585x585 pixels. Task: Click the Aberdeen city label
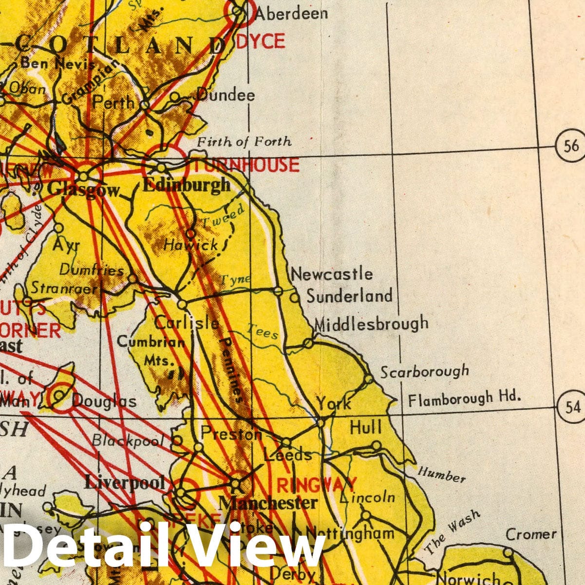[x=291, y=13]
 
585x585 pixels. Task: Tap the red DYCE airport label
[x=261, y=41]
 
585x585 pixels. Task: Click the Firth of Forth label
[x=244, y=142]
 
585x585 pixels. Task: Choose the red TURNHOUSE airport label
[x=246, y=165]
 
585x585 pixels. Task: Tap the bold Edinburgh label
[x=187, y=185]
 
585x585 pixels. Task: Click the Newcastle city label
[x=332, y=274]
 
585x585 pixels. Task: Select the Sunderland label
[x=349, y=296]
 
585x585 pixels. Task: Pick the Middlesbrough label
[x=372, y=323]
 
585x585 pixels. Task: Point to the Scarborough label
[x=424, y=372]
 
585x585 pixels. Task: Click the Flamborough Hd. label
[x=464, y=399]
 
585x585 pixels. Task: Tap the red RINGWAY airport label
[x=317, y=485]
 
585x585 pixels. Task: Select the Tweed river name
[x=223, y=216]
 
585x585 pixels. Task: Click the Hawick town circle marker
[x=191, y=233]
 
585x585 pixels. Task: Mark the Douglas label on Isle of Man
[x=104, y=401]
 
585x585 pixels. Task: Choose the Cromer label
[x=531, y=534]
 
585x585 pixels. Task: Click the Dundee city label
[x=226, y=95]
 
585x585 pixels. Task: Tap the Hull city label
[x=366, y=428]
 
